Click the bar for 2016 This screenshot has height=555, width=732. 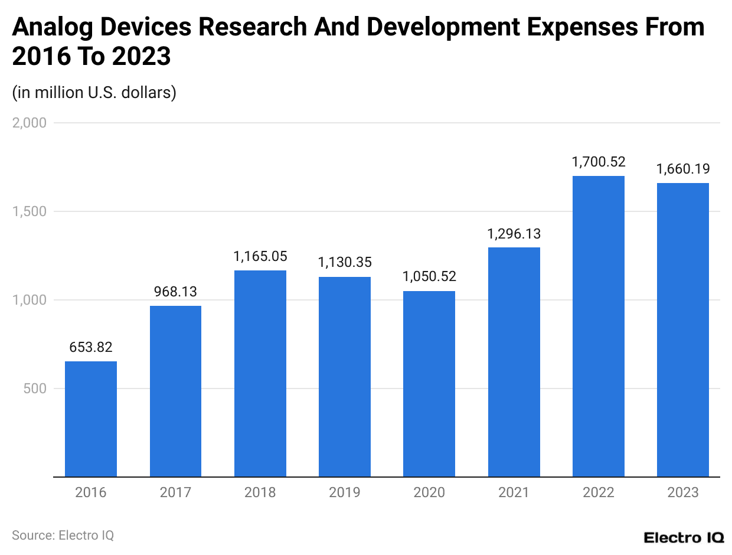pos(91,419)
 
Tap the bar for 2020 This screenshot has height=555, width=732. pos(429,384)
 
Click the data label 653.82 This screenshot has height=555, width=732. pos(91,347)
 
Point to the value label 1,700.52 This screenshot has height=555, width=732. pos(598,162)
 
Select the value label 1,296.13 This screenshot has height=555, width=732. pos(514,234)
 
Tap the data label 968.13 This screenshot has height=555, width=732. pos(175,292)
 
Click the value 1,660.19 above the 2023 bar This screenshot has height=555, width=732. pos(683,169)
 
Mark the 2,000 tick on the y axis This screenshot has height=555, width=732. pos(30,123)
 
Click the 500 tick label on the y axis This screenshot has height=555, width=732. pos(35,389)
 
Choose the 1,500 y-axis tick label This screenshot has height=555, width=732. pos(30,211)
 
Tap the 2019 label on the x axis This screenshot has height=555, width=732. pos(345,492)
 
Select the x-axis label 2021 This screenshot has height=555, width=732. pos(514,492)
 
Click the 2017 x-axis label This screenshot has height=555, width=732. pos(175,492)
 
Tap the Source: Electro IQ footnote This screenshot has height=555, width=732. pos(63,536)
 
